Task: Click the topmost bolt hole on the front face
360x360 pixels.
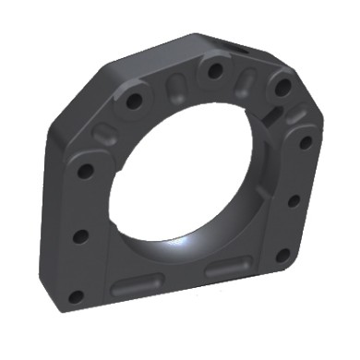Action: (x=214, y=69)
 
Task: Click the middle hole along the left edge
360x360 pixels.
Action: (x=80, y=235)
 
